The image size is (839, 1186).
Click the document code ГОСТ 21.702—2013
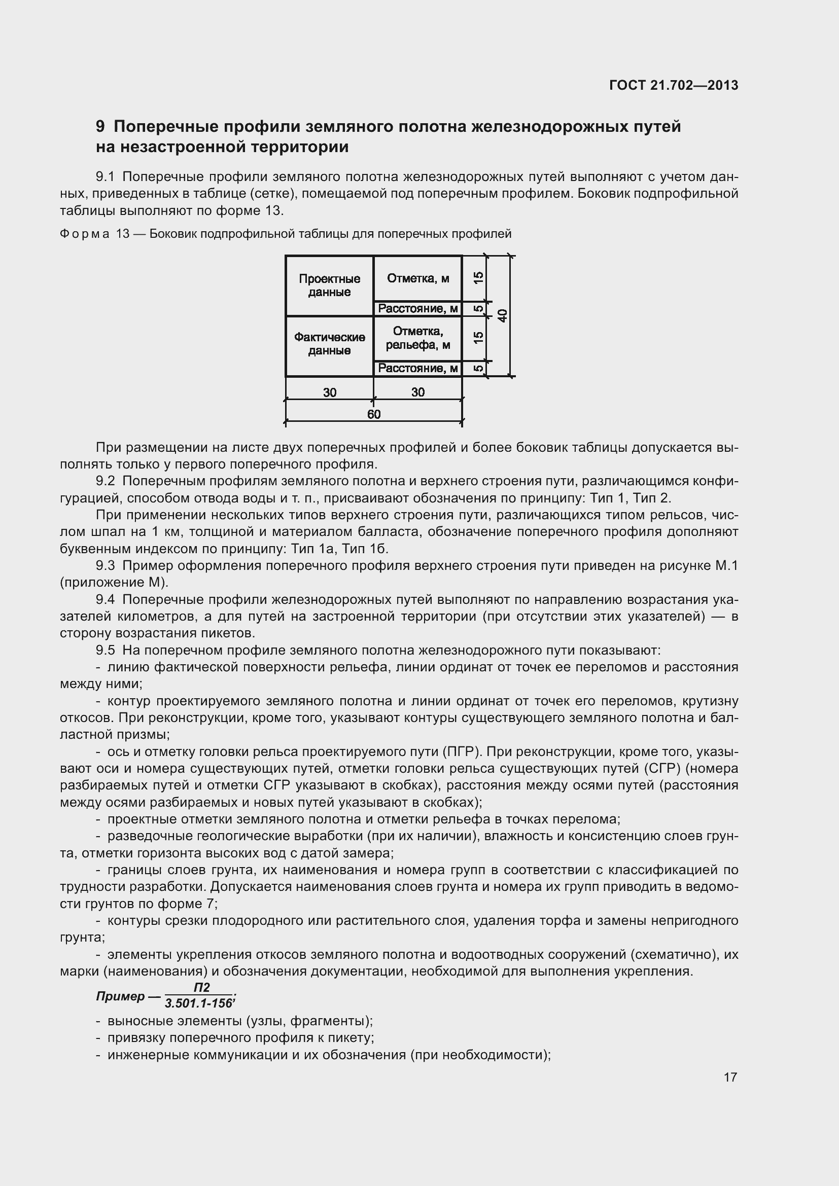click(674, 85)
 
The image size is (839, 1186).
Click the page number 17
click(730, 1077)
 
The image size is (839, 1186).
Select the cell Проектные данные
click(329, 285)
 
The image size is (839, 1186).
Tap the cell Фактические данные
click(329, 343)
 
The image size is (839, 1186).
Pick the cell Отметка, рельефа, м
click(417, 338)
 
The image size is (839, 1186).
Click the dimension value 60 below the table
click(373, 414)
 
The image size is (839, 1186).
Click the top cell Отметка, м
click(417, 278)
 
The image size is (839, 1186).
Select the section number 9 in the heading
click(100, 127)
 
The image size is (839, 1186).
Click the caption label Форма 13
click(94, 234)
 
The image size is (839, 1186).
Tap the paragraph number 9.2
click(105, 481)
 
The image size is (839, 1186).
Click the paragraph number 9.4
click(105, 599)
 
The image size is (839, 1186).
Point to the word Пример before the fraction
click(120, 996)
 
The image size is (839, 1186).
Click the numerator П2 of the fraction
click(201, 987)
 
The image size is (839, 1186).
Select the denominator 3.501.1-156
click(198, 1003)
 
